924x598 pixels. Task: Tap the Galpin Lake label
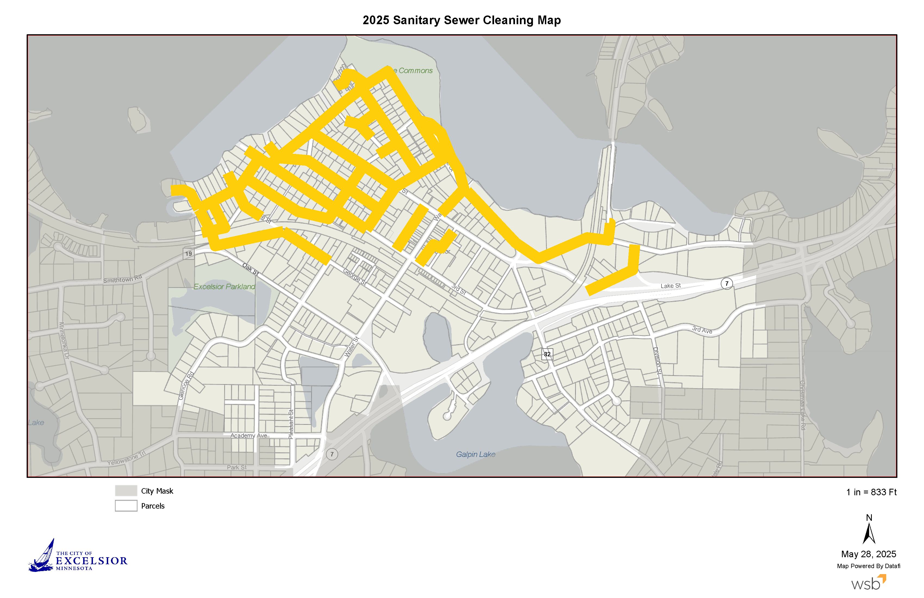pos(475,454)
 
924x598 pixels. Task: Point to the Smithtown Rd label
pos(122,279)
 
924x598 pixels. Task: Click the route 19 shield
pos(189,254)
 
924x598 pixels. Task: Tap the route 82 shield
pos(547,354)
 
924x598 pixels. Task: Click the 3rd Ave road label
pos(702,330)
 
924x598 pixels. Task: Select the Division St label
pos(657,361)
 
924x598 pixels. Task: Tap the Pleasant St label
pos(291,424)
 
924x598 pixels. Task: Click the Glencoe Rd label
pos(186,386)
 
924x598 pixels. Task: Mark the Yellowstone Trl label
pos(126,458)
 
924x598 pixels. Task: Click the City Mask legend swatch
pos(126,490)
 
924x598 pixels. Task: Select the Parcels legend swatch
pos(126,506)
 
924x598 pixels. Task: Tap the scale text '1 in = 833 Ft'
pos(871,492)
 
